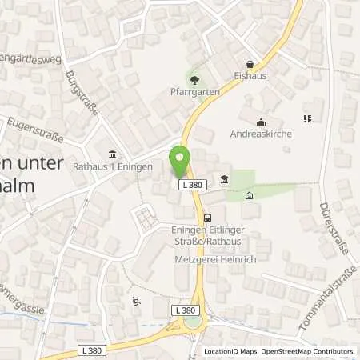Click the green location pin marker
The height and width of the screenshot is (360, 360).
point(179,162)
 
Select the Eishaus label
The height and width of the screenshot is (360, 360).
point(251,77)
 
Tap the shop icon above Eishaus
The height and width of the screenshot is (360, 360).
point(250,64)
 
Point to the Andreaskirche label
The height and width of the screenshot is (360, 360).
point(261,134)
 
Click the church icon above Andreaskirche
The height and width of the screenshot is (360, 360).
point(261,122)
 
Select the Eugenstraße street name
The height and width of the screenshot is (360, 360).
point(34,130)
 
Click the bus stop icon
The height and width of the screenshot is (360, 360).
point(208,217)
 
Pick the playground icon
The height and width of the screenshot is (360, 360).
point(135,302)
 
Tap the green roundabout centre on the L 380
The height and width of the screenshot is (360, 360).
point(192,323)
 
